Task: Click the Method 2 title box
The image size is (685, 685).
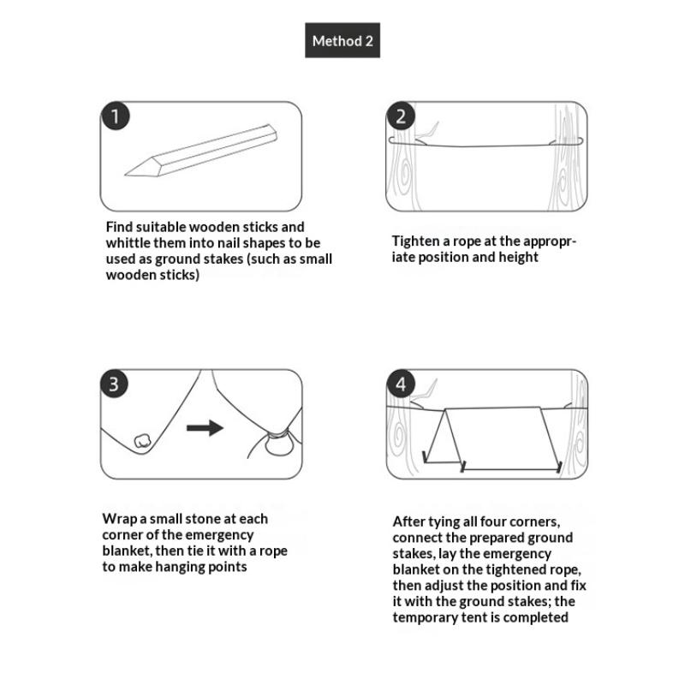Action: pyautogui.click(x=342, y=40)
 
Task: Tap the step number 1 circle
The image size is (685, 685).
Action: pyautogui.click(x=115, y=116)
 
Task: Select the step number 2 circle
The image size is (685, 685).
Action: pyautogui.click(x=401, y=116)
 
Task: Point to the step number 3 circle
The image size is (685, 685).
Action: pyautogui.click(x=114, y=384)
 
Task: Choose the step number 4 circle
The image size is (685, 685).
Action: pyautogui.click(x=401, y=384)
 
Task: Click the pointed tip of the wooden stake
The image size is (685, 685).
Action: pyautogui.click(x=126, y=176)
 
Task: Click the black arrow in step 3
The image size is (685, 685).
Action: pyautogui.click(x=205, y=427)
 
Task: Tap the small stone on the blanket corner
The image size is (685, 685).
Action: pyautogui.click(x=142, y=441)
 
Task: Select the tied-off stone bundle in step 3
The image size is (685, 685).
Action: pyautogui.click(x=280, y=444)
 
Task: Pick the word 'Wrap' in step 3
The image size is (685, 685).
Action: pyautogui.click(x=119, y=520)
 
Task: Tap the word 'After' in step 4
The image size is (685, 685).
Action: pyautogui.click(x=409, y=521)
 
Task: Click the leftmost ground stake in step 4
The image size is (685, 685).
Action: pyautogui.click(x=424, y=457)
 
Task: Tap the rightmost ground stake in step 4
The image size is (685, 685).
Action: pyautogui.click(x=559, y=467)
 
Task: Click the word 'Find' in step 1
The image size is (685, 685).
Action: pyautogui.click(x=119, y=227)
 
